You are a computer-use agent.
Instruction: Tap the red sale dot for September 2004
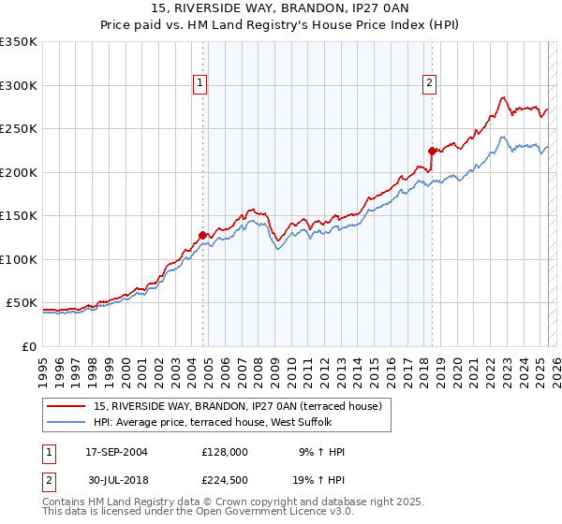(202, 235)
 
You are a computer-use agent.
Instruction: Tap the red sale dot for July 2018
(432, 151)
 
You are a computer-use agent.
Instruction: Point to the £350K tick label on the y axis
(19, 42)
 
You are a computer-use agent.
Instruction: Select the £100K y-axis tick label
(19, 260)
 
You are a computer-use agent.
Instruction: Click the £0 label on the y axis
(29, 347)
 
